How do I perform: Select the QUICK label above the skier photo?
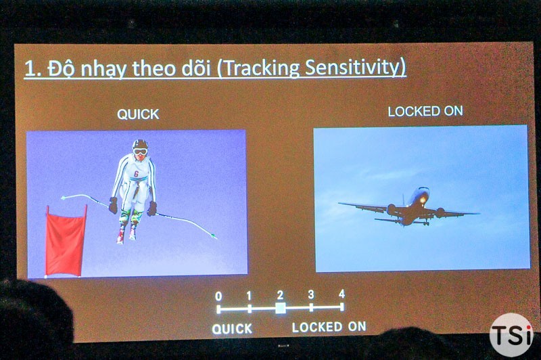tap(138, 114)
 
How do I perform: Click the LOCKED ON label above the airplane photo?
tap(425, 111)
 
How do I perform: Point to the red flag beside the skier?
tap(66, 241)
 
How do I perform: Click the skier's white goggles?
tap(140, 152)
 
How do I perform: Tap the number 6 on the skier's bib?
tap(137, 174)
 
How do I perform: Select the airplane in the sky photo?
tap(409, 208)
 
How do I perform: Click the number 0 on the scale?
tap(218, 296)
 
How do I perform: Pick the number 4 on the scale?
tap(342, 294)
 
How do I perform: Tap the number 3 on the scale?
tap(311, 294)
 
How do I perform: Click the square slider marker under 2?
tap(281, 308)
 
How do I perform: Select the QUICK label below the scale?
tap(232, 329)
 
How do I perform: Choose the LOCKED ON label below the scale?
tap(329, 327)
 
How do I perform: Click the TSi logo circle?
tap(512, 334)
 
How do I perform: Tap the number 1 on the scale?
tap(249, 296)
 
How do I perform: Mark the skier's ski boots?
tap(126, 234)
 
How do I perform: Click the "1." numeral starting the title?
tap(32, 68)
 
